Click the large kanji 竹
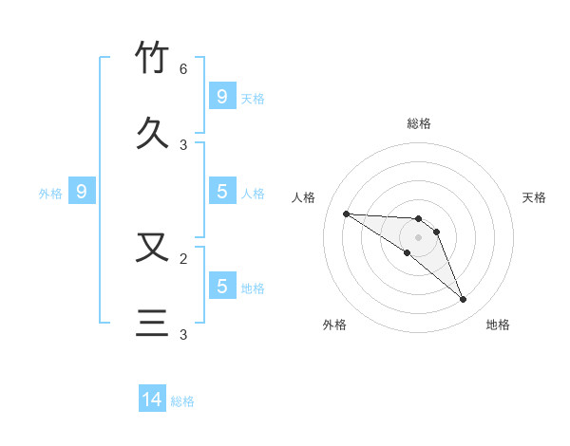point(153,59)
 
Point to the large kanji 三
point(153,324)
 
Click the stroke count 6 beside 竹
point(183,69)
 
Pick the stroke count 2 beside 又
point(183,257)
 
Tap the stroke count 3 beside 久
point(183,144)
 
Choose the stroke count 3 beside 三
point(183,334)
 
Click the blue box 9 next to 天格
point(221,96)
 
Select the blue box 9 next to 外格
point(82,192)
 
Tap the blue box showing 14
point(152,400)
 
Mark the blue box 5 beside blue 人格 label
point(221,192)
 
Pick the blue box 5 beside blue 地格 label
point(221,286)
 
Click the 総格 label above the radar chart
point(418,123)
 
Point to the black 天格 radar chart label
point(534,197)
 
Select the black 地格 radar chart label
point(498,325)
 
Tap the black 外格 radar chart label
point(334,325)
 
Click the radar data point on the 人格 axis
point(346,214)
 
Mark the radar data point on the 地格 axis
point(463,300)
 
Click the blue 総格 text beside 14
point(182,401)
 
